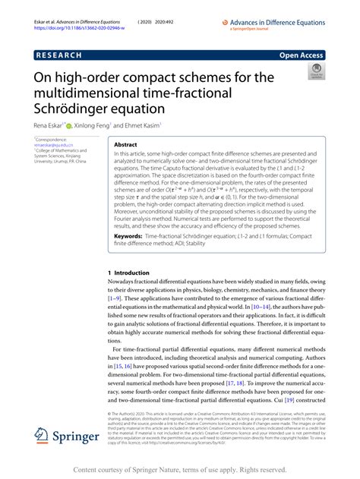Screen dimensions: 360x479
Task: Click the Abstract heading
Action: pos(125,145)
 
